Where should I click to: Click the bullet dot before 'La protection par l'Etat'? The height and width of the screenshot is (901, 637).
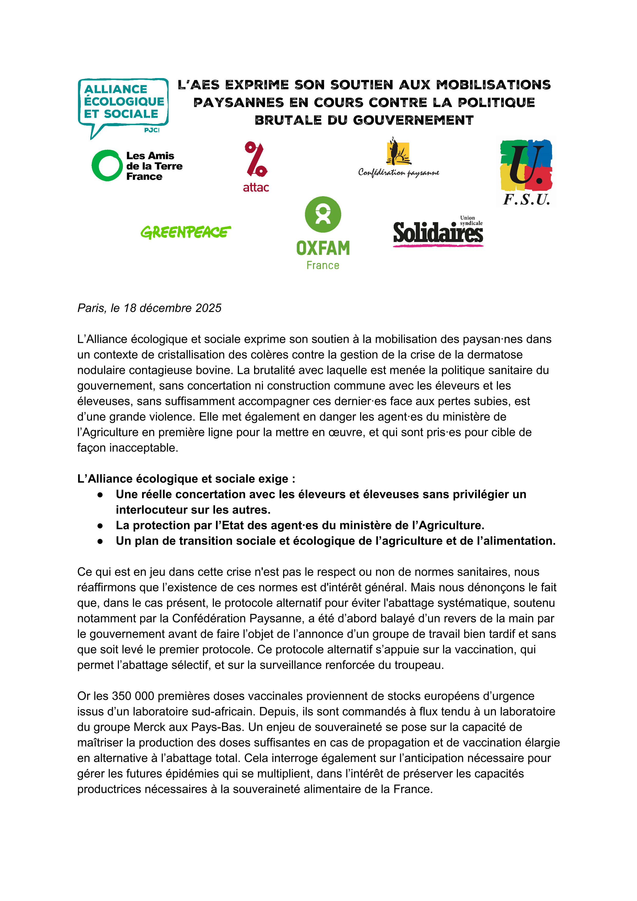[100, 526]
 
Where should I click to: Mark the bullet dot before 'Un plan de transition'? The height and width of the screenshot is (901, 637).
[100, 541]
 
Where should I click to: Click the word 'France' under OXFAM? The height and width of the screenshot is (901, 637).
[323, 266]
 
